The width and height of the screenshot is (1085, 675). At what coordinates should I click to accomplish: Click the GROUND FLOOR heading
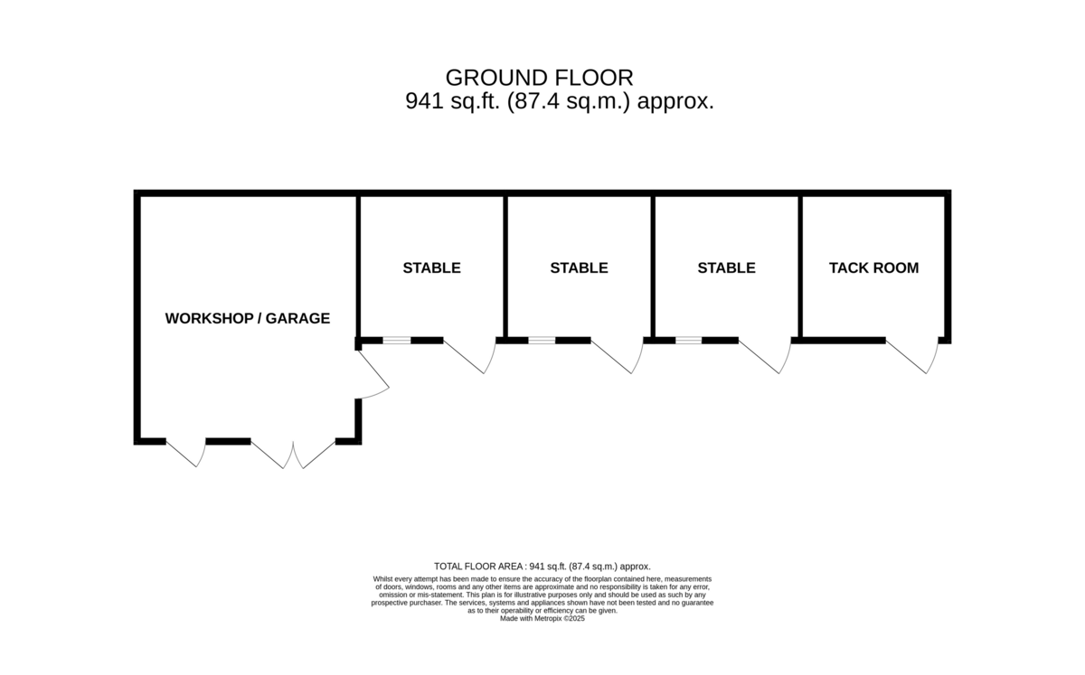pos(539,78)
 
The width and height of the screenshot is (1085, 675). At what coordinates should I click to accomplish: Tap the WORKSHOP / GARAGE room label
pos(248,318)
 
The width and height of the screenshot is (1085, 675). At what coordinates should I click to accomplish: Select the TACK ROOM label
pos(873,267)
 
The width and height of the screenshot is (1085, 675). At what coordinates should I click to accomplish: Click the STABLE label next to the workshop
pos(431,267)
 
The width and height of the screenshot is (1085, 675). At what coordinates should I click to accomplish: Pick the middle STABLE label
pos(579,267)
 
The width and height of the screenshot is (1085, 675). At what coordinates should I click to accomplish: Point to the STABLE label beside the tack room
pos(726,267)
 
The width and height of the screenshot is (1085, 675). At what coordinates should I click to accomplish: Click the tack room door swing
pos(912,356)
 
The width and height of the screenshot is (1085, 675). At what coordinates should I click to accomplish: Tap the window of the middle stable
pos(542,341)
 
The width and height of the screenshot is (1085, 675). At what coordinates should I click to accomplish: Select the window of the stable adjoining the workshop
pos(397,341)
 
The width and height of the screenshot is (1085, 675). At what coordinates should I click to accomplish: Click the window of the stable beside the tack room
pos(688,341)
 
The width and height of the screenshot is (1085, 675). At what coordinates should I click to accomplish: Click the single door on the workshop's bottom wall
pos(186,454)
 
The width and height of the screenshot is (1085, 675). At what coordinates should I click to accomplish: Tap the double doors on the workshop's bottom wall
pos(293,455)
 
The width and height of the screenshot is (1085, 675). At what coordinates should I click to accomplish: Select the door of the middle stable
pos(617,356)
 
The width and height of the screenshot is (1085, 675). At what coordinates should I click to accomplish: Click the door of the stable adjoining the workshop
pos(470,356)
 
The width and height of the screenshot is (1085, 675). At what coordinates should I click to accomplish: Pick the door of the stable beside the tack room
pos(765,356)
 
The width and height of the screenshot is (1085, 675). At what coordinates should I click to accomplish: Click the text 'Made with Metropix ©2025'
pos(542,618)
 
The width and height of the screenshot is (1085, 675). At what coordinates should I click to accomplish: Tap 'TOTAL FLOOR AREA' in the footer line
pos(478,566)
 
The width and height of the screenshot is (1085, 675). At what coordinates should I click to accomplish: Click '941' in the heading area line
pos(424,101)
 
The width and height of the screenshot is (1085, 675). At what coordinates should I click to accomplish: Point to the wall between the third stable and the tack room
pos(799,267)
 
